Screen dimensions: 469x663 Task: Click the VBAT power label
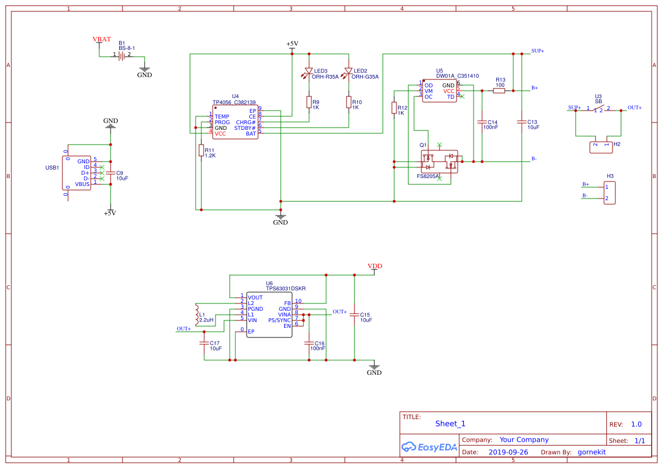pos(102,39)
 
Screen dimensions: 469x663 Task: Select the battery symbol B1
pos(122,56)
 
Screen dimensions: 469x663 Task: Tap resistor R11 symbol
pos(201,150)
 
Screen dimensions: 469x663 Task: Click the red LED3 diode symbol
pos(309,71)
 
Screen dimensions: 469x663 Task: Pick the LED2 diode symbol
pos(348,71)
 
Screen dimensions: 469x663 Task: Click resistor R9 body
pos(309,102)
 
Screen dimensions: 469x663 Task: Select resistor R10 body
pos(348,102)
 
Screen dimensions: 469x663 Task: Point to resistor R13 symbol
pos(499,91)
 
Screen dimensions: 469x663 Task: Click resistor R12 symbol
pos(394,108)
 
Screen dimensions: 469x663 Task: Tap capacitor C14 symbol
pos(482,122)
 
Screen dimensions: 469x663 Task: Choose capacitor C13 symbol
pos(521,122)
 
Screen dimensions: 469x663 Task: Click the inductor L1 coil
pos(197,315)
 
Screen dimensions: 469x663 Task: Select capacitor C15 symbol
pos(354,315)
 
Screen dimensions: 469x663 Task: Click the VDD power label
pos(374,266)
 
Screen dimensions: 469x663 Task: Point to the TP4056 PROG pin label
pos(222,122)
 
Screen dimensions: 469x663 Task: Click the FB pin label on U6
pos(288,303)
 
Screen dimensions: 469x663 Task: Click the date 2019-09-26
pos(508,453)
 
